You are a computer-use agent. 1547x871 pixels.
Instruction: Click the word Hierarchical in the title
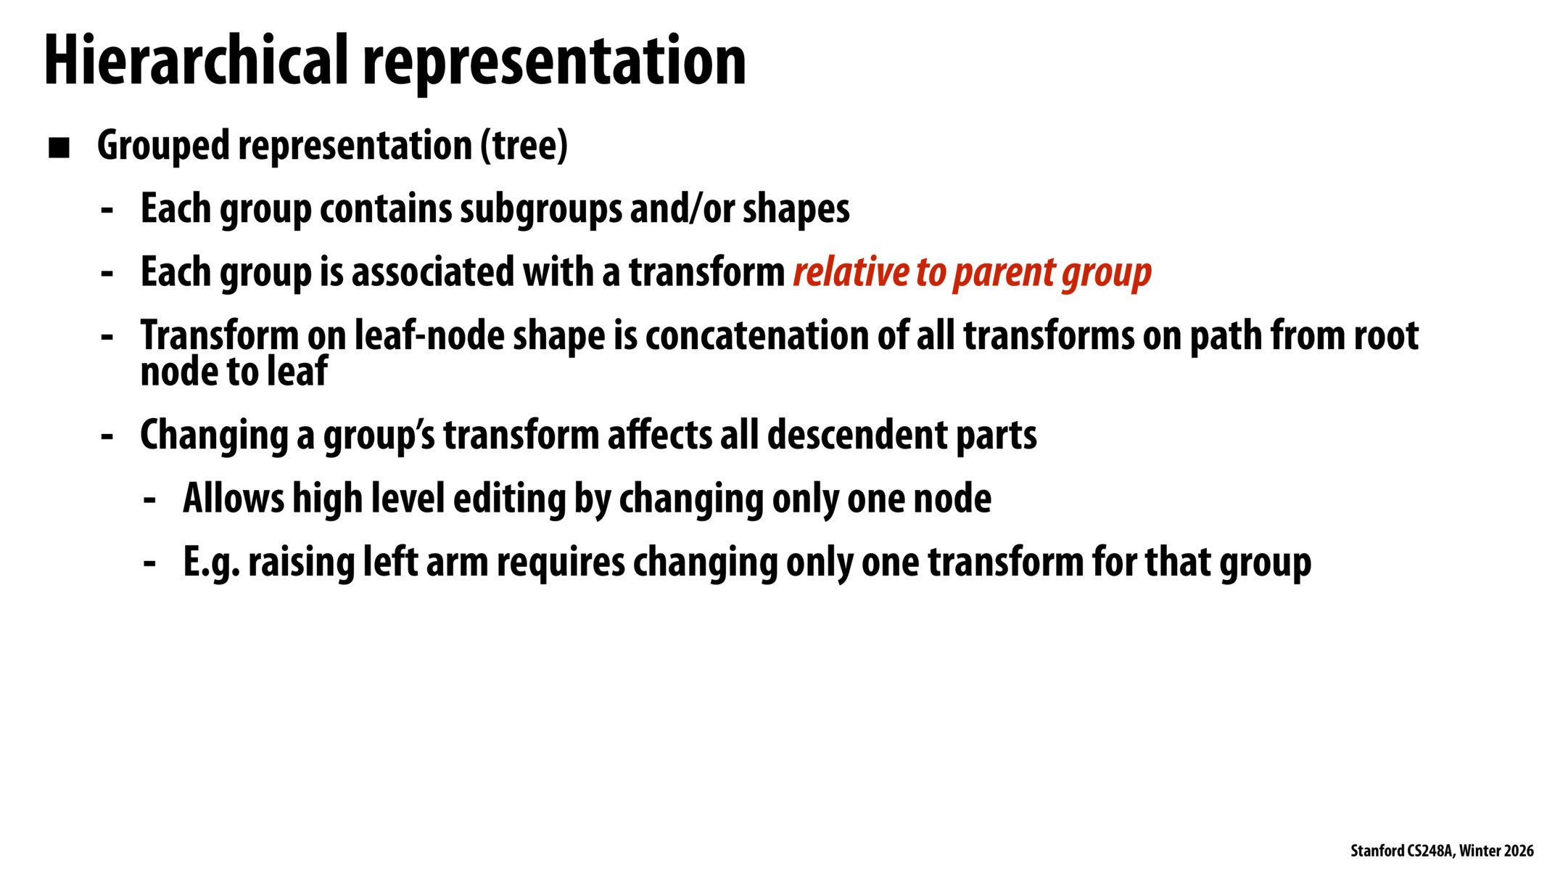(197, 60)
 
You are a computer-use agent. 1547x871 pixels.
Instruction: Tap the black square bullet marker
(59, 148)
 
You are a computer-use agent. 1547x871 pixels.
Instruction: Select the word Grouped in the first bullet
(164, 147)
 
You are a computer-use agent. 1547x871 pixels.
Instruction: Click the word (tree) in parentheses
(524, 146)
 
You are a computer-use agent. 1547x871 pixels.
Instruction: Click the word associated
(433, 272)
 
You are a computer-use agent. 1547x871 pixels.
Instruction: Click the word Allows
(234, 498)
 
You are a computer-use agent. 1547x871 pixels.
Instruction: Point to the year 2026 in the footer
(1519, 851)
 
